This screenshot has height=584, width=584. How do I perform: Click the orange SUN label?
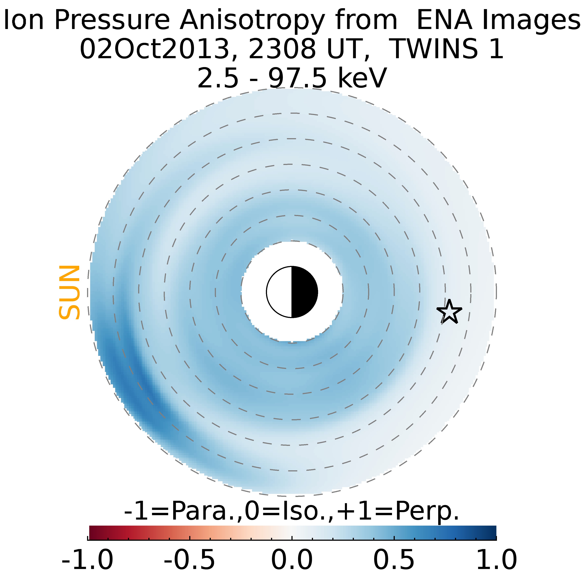(x=69, y=292)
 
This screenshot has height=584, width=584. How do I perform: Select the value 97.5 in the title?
(x=297, y=78)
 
